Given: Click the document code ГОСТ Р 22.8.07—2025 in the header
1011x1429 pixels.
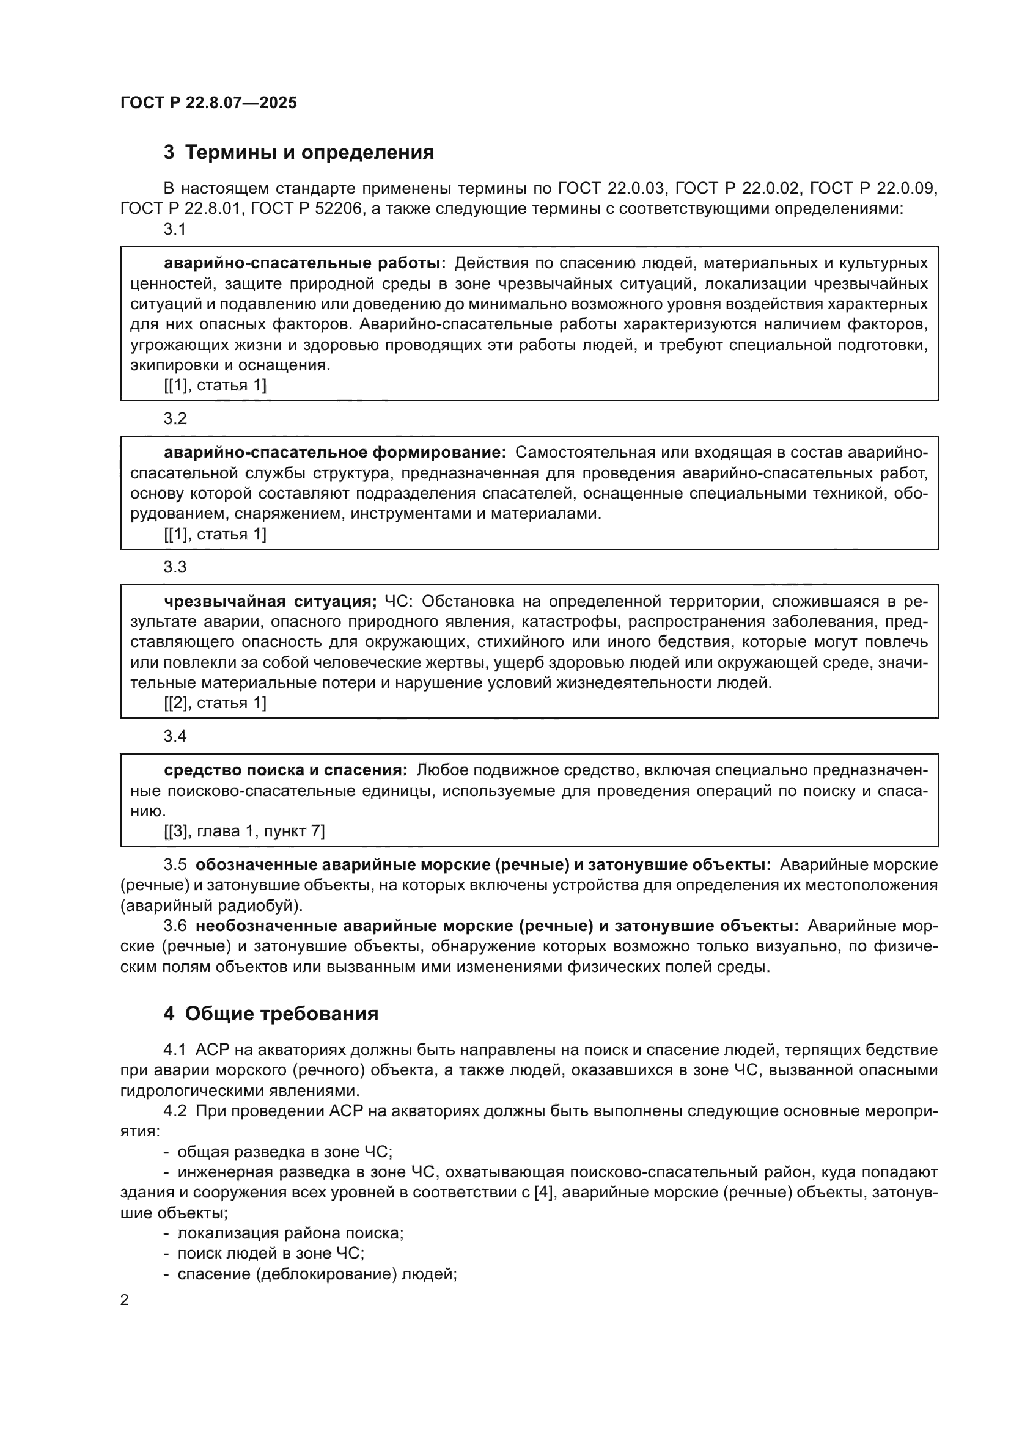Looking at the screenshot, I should (208, 103).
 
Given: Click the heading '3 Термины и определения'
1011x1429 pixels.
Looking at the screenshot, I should (299, 153).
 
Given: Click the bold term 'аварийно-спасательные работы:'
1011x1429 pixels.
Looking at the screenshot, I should (305, 263).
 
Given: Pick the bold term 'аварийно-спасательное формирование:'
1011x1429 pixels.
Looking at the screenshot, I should (335, 453).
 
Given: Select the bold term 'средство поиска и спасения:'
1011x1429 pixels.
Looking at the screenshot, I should (285, 770).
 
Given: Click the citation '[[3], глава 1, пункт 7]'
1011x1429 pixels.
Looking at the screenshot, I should (244, 831).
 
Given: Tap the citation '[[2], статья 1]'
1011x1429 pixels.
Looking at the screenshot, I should (215, 703).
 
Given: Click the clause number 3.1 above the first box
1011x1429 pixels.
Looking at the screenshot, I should (175, 229).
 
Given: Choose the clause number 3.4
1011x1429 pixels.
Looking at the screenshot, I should (175, 736).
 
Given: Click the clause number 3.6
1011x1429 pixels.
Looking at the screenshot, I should (175, 926).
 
